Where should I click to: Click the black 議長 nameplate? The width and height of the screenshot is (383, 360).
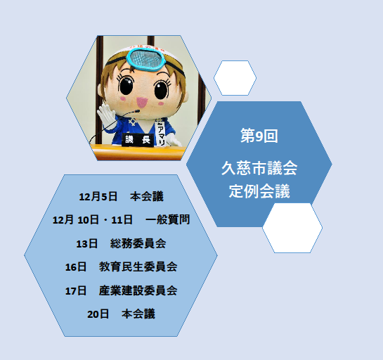click(138, 140)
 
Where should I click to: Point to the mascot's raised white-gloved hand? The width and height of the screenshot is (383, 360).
click(105, 112)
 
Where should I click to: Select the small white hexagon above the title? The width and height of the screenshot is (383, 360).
click(235, 77)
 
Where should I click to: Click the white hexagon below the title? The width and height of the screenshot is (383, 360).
click(292, 228)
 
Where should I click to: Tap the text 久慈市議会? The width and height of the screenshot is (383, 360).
click(259, 169)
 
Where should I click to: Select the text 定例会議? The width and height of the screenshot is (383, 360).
click(259, 191)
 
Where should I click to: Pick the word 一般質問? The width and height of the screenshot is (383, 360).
click(167, 219)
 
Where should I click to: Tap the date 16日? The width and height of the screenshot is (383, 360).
click(75, 266)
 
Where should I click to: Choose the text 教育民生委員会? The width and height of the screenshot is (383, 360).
click(138, 266)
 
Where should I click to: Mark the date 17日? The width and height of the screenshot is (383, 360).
click(75, 290)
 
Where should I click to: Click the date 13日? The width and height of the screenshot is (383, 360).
click(86, 243)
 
